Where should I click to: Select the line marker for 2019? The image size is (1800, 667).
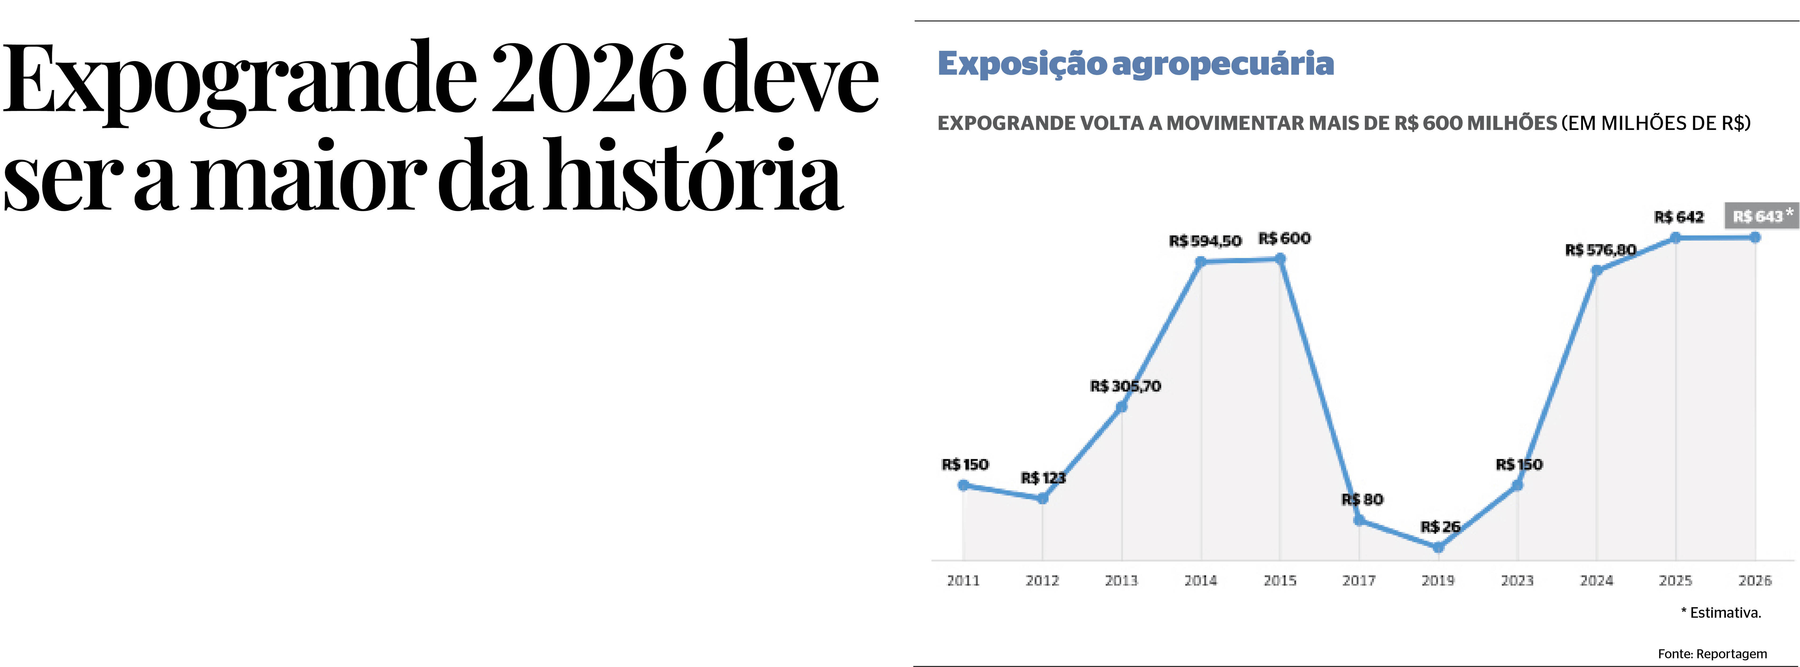click(1438, 547)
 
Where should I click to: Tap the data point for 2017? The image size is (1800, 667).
click(1359, 519)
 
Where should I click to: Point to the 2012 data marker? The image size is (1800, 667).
click(1043, 498)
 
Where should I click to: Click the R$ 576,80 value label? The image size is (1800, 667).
click(1600, 250)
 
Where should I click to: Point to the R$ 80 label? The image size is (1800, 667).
click(1362, 499)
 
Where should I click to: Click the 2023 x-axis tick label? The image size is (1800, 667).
click(1517, 580)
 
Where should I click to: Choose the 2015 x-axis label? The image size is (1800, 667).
click(1279, 580)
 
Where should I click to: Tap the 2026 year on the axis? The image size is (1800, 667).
click(1755, 580)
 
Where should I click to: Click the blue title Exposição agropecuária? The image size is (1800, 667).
click(1135, 63)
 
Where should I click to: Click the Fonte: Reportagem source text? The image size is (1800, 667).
click(1712, 654)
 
